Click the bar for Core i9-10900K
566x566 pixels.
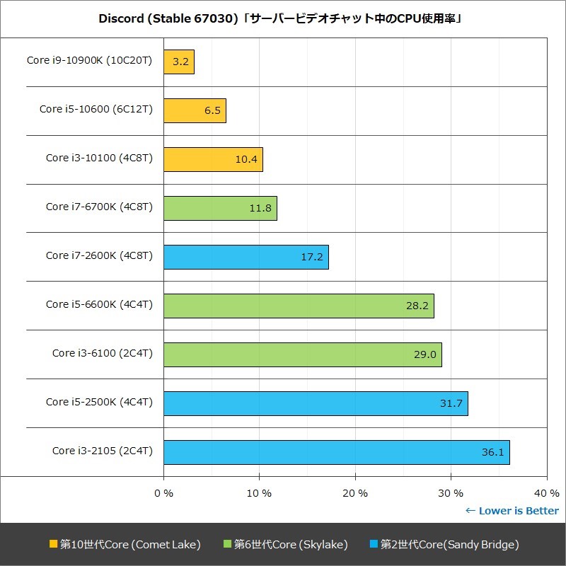coord(179,62)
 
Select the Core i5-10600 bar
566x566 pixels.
coord(195,110)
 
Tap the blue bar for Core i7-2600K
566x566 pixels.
coord(246,257)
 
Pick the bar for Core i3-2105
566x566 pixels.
coord(336,452)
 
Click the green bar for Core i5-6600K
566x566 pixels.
coord(299,306)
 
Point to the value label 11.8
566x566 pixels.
coord(260,209)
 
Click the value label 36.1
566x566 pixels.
coord(492,452)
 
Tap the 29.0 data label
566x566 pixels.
coord(425,354)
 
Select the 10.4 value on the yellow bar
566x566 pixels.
coord(246,160)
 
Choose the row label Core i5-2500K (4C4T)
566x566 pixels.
coord(99,402)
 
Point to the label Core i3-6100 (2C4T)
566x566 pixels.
coord(102,353)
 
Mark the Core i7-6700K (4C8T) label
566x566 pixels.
coord(99,207)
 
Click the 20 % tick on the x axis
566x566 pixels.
coord(355,493)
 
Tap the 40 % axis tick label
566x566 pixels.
coord(546,493)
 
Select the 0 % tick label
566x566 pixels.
coord(163,493)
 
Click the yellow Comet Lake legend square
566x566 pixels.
coord(53,544)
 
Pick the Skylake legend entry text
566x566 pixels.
coord(291,545)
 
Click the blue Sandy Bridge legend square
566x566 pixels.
coord(374,544)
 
